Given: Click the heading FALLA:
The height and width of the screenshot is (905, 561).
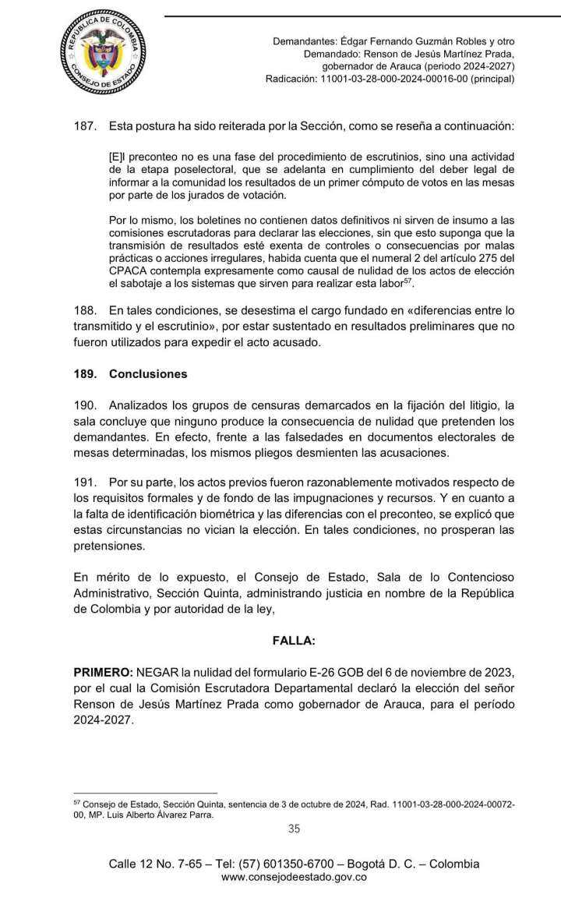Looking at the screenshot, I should (294, 641).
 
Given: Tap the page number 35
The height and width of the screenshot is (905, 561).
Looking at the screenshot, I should (295, 829).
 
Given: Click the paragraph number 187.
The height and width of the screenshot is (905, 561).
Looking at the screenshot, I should (83, 124).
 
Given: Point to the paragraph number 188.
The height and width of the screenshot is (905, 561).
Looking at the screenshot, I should (83, 310).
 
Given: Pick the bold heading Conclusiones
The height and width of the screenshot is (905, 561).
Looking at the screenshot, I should (148, 374).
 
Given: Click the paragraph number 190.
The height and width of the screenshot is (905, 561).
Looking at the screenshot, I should (83, 405).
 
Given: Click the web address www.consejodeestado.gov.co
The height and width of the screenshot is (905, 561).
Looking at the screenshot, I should (294, 877).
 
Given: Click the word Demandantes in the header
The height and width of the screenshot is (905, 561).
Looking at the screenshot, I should (304, 41).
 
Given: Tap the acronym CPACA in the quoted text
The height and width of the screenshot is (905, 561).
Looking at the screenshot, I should (126, 270).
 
